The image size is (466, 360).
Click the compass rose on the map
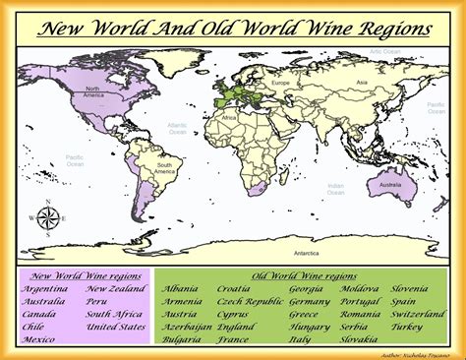[x=45, y=218]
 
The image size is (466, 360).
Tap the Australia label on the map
[x=391, y=184]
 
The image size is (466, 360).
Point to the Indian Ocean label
[x=336, y=188]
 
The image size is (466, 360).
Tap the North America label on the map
[x=94, y=93]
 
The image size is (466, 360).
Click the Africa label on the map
[x=229, y=117]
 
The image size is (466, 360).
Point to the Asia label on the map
[x=361, y=82]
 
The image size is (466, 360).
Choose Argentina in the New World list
[x=44, y=289]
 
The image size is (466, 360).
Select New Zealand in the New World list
[x=115, y=289]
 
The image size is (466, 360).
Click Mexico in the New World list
[x=39, y=339]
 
